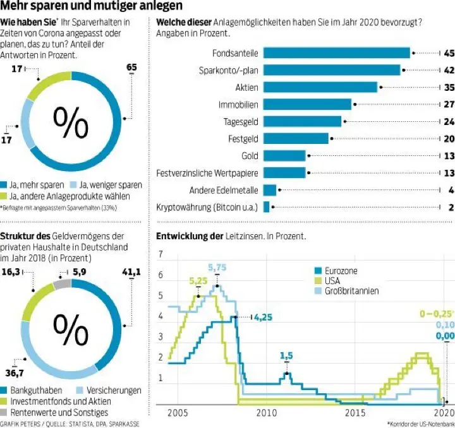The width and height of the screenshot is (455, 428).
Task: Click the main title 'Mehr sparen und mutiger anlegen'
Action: pos(92,7)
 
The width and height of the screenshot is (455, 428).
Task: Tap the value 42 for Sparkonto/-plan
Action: pos(449,70)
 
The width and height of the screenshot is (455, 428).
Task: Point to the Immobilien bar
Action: pos(307,104)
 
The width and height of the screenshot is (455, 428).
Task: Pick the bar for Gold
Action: pos(284,155)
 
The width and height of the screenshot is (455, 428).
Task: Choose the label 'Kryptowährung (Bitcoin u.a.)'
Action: pos(207,206)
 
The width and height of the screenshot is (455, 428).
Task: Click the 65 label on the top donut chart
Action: pos(131,68)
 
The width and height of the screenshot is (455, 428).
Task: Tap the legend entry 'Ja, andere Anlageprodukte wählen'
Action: pos(70,196)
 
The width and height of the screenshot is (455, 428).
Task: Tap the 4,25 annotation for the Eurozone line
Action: pos(263,318)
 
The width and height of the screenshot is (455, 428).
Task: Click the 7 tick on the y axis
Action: pos(161,254)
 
